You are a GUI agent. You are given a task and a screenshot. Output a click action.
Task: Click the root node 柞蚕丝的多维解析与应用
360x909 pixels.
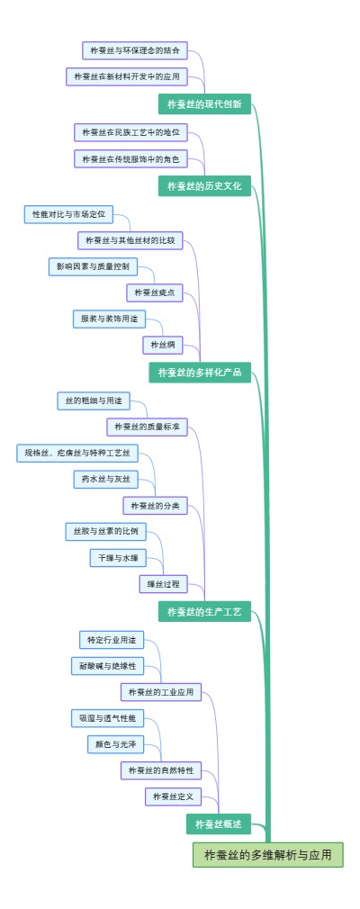pos(268,854)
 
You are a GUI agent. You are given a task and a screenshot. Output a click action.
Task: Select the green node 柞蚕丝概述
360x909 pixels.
pos(219,823)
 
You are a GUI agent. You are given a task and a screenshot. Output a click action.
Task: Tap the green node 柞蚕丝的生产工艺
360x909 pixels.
pos(204,613)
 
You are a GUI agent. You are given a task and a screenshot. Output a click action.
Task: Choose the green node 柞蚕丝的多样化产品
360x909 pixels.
pos(200,372)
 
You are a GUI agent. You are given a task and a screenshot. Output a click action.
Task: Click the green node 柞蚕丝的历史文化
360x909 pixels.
pos(204,186)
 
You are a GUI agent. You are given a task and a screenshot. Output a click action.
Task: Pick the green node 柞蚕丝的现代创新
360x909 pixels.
pos(204,103)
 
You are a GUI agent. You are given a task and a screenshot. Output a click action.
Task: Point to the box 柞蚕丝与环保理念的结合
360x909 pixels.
pos(135,50)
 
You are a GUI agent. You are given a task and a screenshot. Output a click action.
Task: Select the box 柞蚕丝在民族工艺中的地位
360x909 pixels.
pos(130,132)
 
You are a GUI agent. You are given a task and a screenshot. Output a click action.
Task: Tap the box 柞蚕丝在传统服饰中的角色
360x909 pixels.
pos(130,159)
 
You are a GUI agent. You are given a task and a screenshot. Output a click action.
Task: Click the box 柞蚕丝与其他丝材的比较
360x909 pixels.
pos(130,240)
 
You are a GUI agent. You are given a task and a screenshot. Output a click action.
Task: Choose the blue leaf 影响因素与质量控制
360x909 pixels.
pos(93,266)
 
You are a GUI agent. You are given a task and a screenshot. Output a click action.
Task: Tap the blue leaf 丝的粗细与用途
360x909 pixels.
pos(95,400)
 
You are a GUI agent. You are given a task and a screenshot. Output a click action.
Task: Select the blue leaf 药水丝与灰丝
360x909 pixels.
pos(105,479)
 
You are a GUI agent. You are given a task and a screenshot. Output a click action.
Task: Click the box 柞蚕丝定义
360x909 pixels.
pos(173,796)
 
